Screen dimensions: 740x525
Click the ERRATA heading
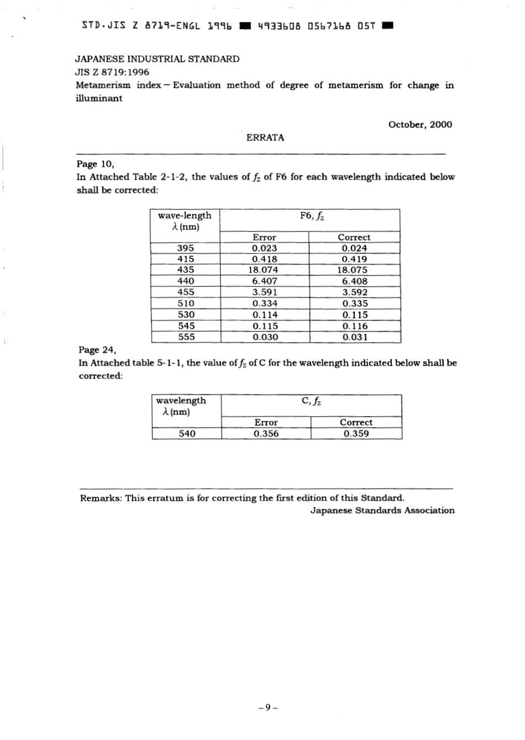(x=265, y=138)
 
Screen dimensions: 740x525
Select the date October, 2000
(x=420, y=124)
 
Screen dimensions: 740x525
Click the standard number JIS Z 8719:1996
(x=112, y=72)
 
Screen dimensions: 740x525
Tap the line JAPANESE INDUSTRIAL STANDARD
(x=158, y=59)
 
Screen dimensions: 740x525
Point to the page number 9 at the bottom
(x=266, y=706)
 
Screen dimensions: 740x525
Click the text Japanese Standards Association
(x=382, y=511)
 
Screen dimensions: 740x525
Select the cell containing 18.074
(x=264, y=270)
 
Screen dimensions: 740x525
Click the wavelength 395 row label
(x=186, y=248)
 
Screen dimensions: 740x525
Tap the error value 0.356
(x=266, y=434)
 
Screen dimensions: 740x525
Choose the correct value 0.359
(x=356, y=434)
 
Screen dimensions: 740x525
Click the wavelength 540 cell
(x=187, y=434)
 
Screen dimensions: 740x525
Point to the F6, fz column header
(x=312, y=216)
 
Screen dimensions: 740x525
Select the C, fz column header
(x=311, y=401)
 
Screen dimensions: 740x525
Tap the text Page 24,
(x=97, y=350)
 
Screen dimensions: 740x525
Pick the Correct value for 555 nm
(x=354, y=337)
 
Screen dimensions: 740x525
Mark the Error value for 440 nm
(x=264, y=281)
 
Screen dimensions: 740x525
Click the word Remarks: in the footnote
(x=101, y=498)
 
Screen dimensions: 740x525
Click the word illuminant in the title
(x=99, y=98)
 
